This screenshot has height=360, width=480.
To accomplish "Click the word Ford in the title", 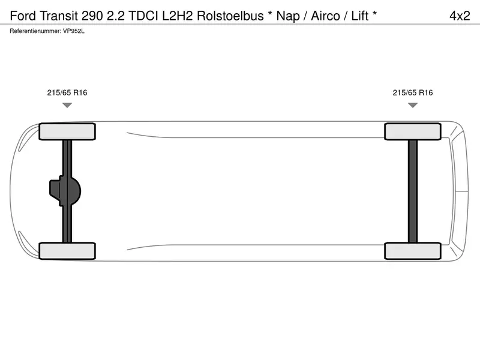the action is click(23, 16).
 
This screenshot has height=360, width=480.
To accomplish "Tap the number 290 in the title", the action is click(92, 16).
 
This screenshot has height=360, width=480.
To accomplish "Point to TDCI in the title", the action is click(143, 16).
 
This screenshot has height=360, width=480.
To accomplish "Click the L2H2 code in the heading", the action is click(178, 16).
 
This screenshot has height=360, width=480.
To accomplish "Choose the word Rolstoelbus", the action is click(230, 16).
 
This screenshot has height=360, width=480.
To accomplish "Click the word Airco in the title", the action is click(325, 16).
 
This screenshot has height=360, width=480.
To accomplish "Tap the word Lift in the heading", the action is click(359, 16).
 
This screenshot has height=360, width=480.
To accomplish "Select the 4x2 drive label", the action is click(460, 16).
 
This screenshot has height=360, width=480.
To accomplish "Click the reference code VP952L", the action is click(73, 31).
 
